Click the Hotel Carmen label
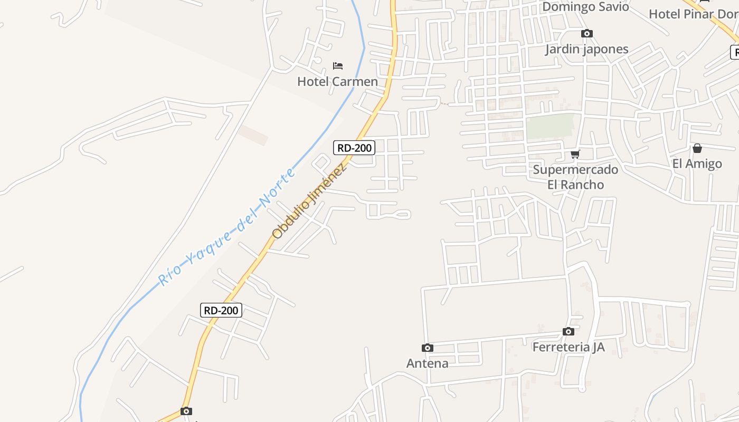coord(337,82)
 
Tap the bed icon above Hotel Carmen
coord(338,66)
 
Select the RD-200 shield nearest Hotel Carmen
coord(354,148)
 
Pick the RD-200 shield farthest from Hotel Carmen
coord(221,310)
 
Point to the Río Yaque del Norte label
coord(226,228)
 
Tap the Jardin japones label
coord(586,49)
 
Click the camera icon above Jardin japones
coord(586,34)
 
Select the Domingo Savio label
coord(585,7)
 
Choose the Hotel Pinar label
coord(693,14)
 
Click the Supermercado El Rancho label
coord(575,177)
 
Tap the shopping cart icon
coord(575,154)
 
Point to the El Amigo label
coord(697,164)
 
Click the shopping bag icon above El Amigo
coord(697,148)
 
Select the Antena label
coord(427,363)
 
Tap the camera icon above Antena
coord(428,348)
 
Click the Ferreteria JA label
coord(568,347)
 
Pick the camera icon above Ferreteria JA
coord(568,332)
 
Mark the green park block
coord(549,127)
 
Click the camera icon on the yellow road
coord(186,411)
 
